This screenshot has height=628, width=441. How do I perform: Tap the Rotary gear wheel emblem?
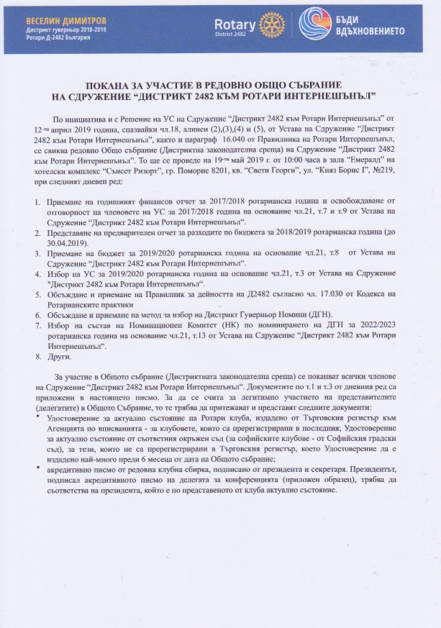[271, 26]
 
